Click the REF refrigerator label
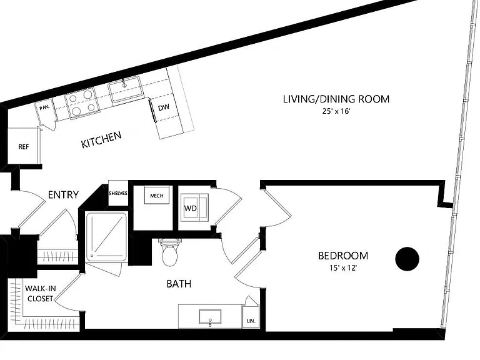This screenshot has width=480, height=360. [x=24, y=147]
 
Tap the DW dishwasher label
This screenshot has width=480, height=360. [x=164, y=107]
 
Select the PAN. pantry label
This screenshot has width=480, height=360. [x=45, y=107]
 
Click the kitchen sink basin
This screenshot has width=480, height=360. [x=126, y=89]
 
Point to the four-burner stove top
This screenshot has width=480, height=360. [x=82, y=103]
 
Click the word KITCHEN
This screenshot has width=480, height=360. [x=101, y=139]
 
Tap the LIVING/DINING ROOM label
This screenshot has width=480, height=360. [x=336, y=99]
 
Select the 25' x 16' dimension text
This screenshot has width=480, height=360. [x=336, y=111]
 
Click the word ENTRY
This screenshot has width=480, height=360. [x=63, y=195]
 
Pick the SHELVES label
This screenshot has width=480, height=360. [x=118, y=194]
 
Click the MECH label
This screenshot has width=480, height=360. [x=157, y=196]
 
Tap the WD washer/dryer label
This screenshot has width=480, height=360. [x=190, y=209]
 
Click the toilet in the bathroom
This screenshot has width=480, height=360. [x=169, y=253]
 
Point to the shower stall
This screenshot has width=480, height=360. [x=106, y=236]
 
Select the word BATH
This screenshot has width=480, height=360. [x=179, y=284]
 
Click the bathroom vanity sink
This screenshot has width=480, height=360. [x=210, y=316]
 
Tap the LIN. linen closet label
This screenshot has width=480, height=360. [x=251, y=321]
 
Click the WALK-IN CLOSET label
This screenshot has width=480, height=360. [x=40, y=294]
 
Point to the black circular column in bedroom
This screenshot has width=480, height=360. [x=407, y=259]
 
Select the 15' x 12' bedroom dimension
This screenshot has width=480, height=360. [x=343, y=268]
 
